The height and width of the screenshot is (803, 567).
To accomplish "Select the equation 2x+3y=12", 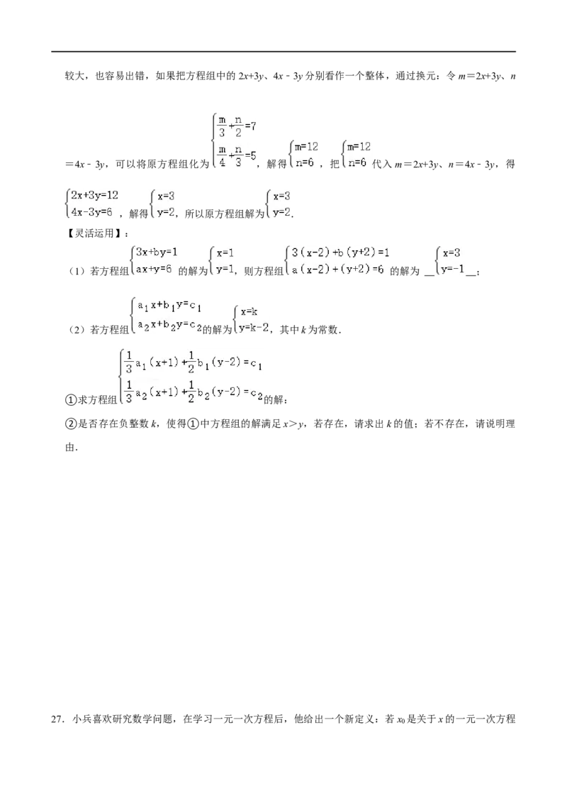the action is (x=95, y=195).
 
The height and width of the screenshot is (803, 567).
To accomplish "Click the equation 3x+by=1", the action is (x=157, y=252).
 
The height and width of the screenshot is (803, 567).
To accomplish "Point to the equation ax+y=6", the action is (x=154, y=268).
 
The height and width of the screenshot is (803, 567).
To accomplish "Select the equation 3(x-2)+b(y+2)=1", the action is (x=340, y=252).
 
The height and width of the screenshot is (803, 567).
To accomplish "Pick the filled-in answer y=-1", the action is (x=453, y=269).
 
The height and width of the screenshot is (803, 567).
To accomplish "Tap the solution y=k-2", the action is (x=254, y=327).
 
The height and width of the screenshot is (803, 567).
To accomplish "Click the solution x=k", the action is (x=249, y=311).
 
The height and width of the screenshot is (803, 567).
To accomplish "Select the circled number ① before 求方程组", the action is (x=71, y=400).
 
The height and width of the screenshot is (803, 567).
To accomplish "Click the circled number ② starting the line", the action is (x=71, y=423).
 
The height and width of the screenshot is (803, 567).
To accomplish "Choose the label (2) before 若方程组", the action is (x=77, y=330).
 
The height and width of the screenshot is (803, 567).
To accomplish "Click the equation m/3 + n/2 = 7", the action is (x=237, y=126).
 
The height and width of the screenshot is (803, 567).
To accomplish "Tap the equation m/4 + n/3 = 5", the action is (x=237, y=155).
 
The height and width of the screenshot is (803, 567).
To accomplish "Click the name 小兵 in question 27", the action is (x=81, y=719).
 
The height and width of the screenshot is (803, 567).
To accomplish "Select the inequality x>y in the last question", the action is (x=293, y=424).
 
